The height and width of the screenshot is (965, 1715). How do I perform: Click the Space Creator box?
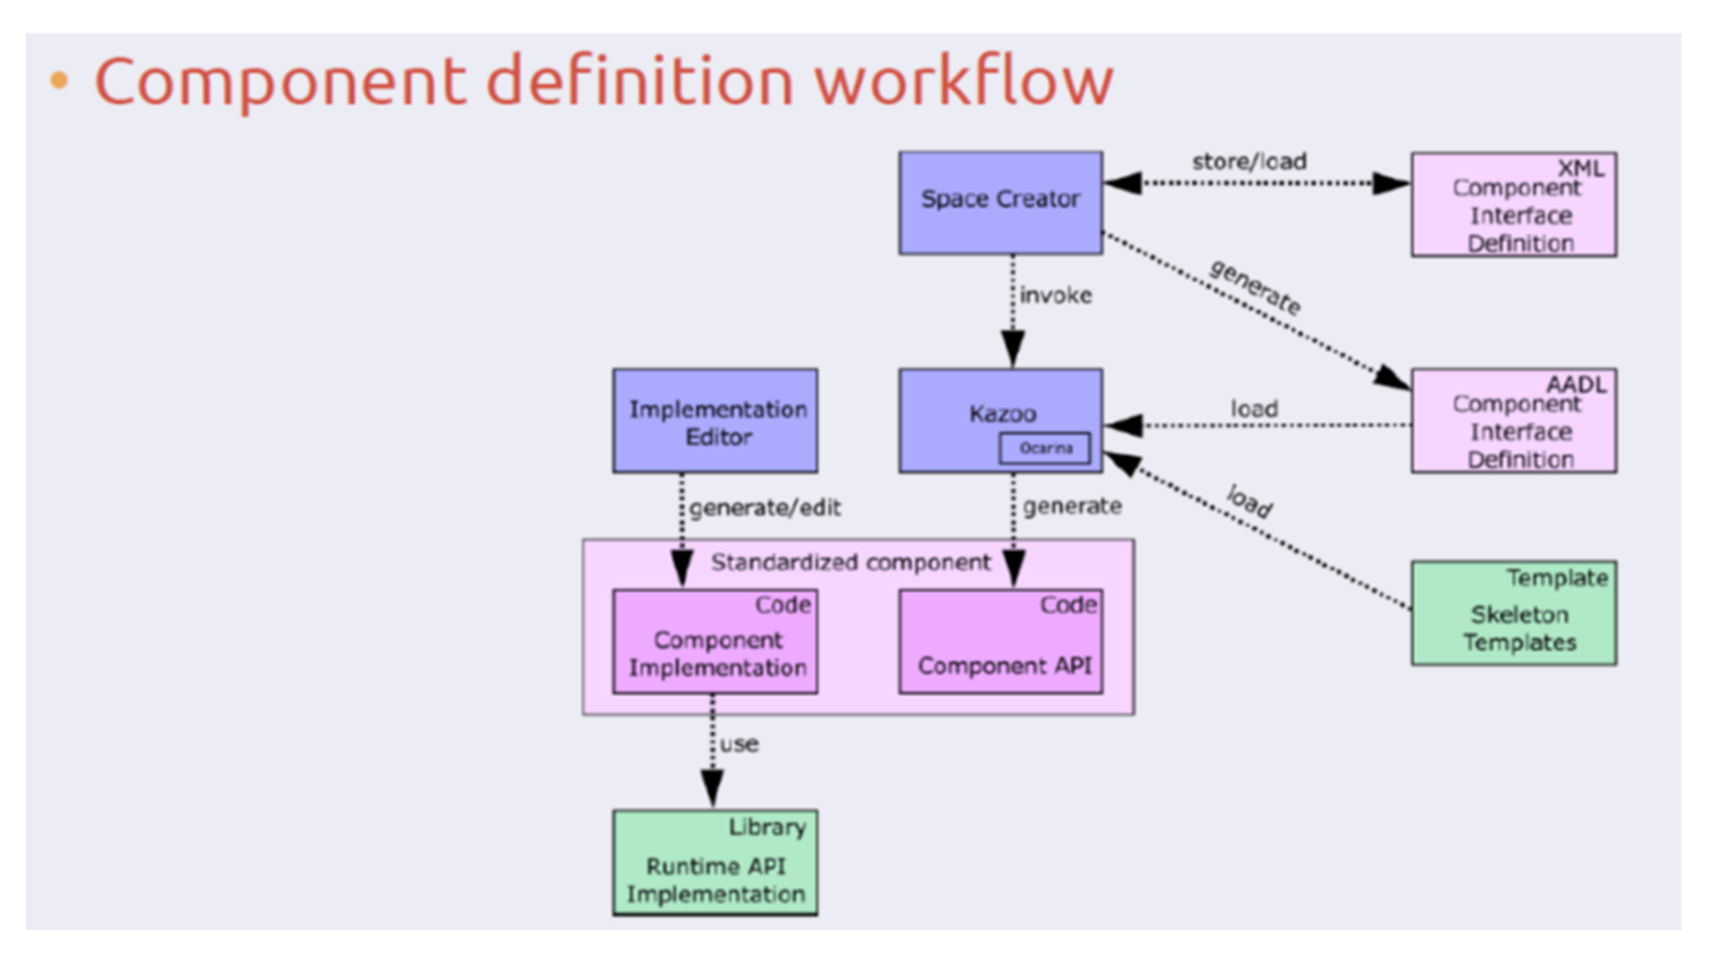coord(1000,203)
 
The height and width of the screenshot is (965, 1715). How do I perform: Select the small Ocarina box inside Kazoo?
coord(1044,448)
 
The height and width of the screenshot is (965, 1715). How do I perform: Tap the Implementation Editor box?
coord(715,421)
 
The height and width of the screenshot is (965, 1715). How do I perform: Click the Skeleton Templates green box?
coord(1513,614)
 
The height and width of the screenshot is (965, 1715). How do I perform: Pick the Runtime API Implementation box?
coord(715,863)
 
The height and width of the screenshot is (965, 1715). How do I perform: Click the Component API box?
coord(1000,642)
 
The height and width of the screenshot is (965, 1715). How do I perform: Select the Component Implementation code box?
coord(715,642)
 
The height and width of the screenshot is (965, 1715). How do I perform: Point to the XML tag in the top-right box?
coord(1580,168)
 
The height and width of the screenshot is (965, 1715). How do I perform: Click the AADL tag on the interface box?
coord(1576,384)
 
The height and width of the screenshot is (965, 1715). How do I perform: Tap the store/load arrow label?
coord(1249,162)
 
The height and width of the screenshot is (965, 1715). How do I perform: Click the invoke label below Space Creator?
coord(1055,296)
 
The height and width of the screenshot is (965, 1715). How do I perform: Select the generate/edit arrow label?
coord(765,508)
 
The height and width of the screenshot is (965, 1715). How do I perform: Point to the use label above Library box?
coord(740,744)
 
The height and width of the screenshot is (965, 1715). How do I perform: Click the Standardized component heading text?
coord(850,562)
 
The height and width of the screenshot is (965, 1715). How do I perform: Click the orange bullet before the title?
coord(59,81)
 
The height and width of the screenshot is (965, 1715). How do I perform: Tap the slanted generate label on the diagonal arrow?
coord(1255,287)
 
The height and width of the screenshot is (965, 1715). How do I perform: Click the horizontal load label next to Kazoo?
coord(1254,409)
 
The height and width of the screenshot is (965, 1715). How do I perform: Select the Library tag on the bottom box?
coord(766,827)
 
